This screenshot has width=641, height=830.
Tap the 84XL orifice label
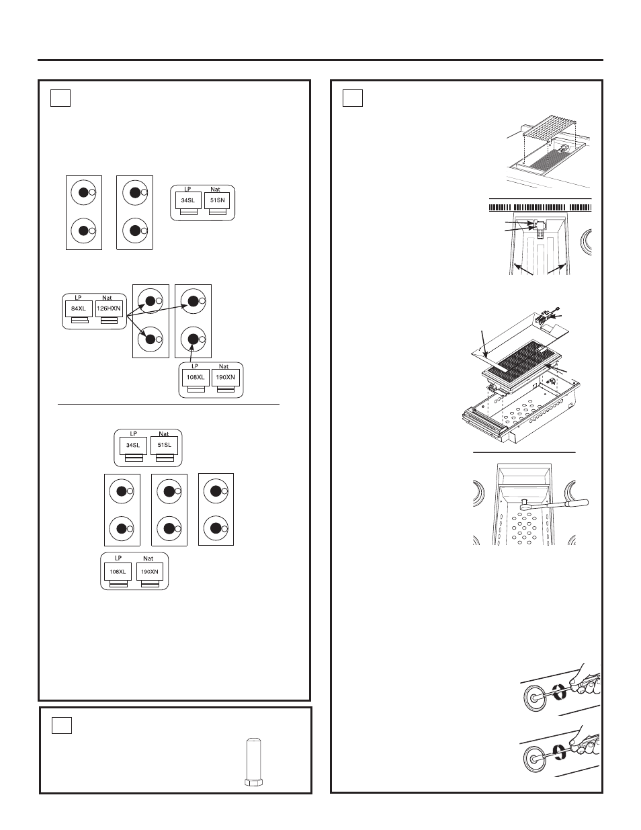79,308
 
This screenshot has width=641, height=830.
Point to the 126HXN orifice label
108,308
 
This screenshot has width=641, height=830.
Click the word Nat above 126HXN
108,298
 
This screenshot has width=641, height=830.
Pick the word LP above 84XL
78,298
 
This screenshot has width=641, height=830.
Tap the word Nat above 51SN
215,190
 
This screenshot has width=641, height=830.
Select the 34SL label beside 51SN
187,200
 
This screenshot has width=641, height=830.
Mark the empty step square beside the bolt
62,725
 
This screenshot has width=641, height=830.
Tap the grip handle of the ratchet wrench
571,502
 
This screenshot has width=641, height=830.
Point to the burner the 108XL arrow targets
193,340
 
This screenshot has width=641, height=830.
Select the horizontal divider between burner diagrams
168,405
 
